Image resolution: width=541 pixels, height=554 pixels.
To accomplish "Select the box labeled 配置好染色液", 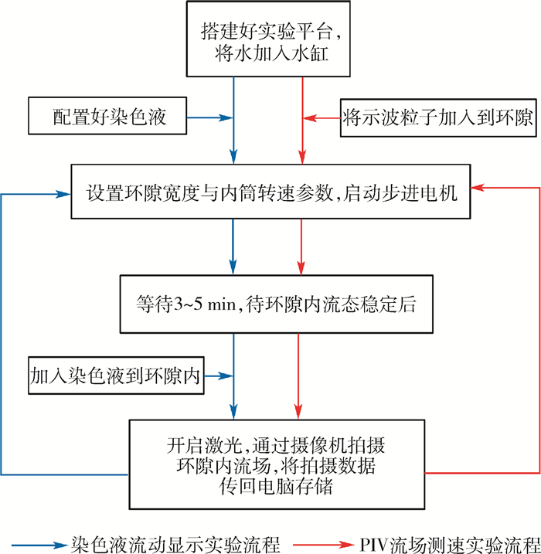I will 109,118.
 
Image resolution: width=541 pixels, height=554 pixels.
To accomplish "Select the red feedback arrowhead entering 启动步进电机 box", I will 478,186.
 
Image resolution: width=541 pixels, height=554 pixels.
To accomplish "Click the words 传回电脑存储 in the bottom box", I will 275,487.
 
